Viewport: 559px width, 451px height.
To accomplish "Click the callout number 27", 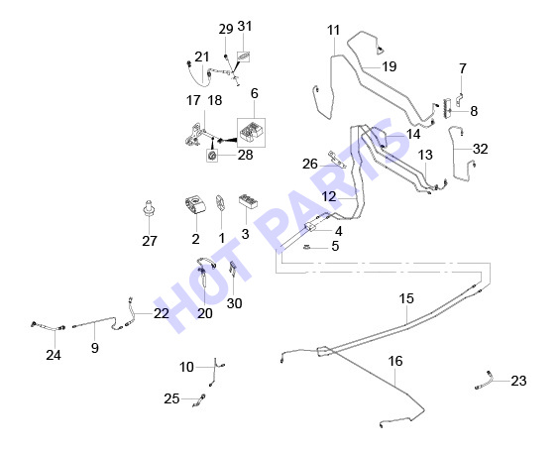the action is (150, 241).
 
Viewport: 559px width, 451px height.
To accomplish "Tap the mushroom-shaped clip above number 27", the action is (149, 208).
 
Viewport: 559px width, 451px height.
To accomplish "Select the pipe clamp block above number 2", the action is (195, 205).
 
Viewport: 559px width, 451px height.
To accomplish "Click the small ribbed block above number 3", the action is (249, 201).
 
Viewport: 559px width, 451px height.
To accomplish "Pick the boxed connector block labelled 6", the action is (251, 133).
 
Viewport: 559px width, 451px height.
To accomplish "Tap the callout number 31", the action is (245, 27).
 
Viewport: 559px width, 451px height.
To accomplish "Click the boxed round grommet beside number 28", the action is (212, 156).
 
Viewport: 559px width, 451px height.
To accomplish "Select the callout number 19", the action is (390, 66).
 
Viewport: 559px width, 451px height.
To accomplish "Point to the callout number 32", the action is (481, 149).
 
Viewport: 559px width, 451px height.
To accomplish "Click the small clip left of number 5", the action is (307, 247).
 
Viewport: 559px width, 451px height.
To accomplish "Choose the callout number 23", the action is (518, 382).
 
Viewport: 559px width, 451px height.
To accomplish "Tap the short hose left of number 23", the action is (485, 381).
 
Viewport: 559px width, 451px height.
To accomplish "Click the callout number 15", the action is (406, 298).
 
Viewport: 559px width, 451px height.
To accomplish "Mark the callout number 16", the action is (395, 361).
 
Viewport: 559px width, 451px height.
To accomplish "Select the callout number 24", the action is (54, 355).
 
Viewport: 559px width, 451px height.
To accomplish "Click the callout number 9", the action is (94, 348).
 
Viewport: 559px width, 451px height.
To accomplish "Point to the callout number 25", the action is (171, 398).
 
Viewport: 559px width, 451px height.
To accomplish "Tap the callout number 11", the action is (334, 31).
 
